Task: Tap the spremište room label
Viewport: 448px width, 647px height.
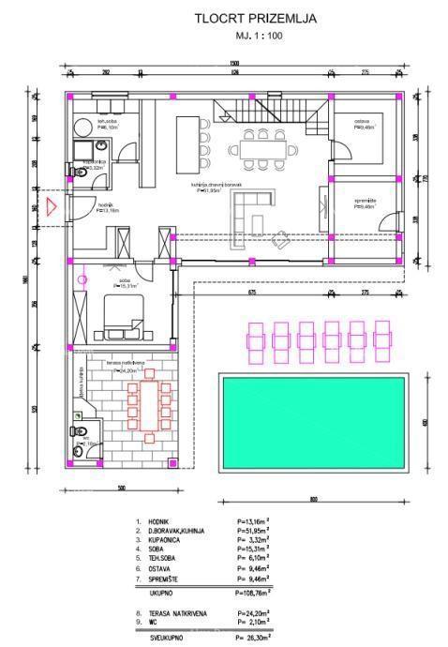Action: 365,202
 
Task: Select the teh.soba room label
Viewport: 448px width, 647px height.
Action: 108,120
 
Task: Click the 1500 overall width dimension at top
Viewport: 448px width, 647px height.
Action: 233,63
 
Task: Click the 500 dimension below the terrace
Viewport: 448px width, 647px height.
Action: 120,489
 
